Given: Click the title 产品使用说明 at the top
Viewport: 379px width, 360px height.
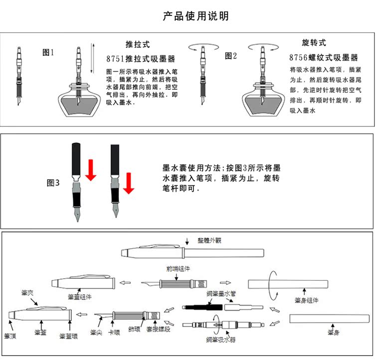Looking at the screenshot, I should coord(196,16).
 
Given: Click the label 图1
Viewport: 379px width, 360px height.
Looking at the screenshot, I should coord(48,52).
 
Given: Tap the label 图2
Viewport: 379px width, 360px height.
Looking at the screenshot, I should coord(231,56).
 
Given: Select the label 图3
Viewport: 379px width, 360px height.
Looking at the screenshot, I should coord(53,183).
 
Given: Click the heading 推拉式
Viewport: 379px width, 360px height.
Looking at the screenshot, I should coord(138,44).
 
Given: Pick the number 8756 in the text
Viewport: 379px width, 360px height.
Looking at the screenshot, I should coord(299,58).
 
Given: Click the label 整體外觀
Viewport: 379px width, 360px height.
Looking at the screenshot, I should coord(209,240).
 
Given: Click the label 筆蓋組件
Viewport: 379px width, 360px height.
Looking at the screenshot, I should coord(80,297).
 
